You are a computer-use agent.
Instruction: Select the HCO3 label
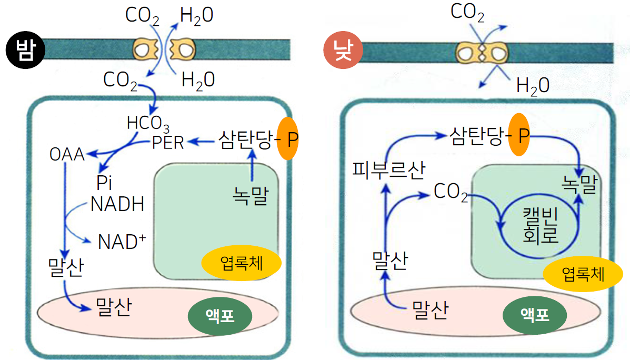pos(148,124)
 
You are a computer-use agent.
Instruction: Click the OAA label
pos(67,154)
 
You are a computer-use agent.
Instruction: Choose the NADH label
pos(117,204)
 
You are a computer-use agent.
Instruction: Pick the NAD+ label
pos(122,242)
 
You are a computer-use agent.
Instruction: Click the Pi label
pos(104,183)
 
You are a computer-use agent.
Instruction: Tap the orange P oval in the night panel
pos(288,138)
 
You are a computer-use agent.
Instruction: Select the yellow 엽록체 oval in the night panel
pos(242,262)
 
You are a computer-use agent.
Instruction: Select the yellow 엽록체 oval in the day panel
pos(583,274)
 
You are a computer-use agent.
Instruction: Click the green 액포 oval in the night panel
pos(220,316)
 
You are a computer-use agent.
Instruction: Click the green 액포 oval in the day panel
pos(535,315)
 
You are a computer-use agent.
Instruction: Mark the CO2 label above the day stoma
pos(467,12)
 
